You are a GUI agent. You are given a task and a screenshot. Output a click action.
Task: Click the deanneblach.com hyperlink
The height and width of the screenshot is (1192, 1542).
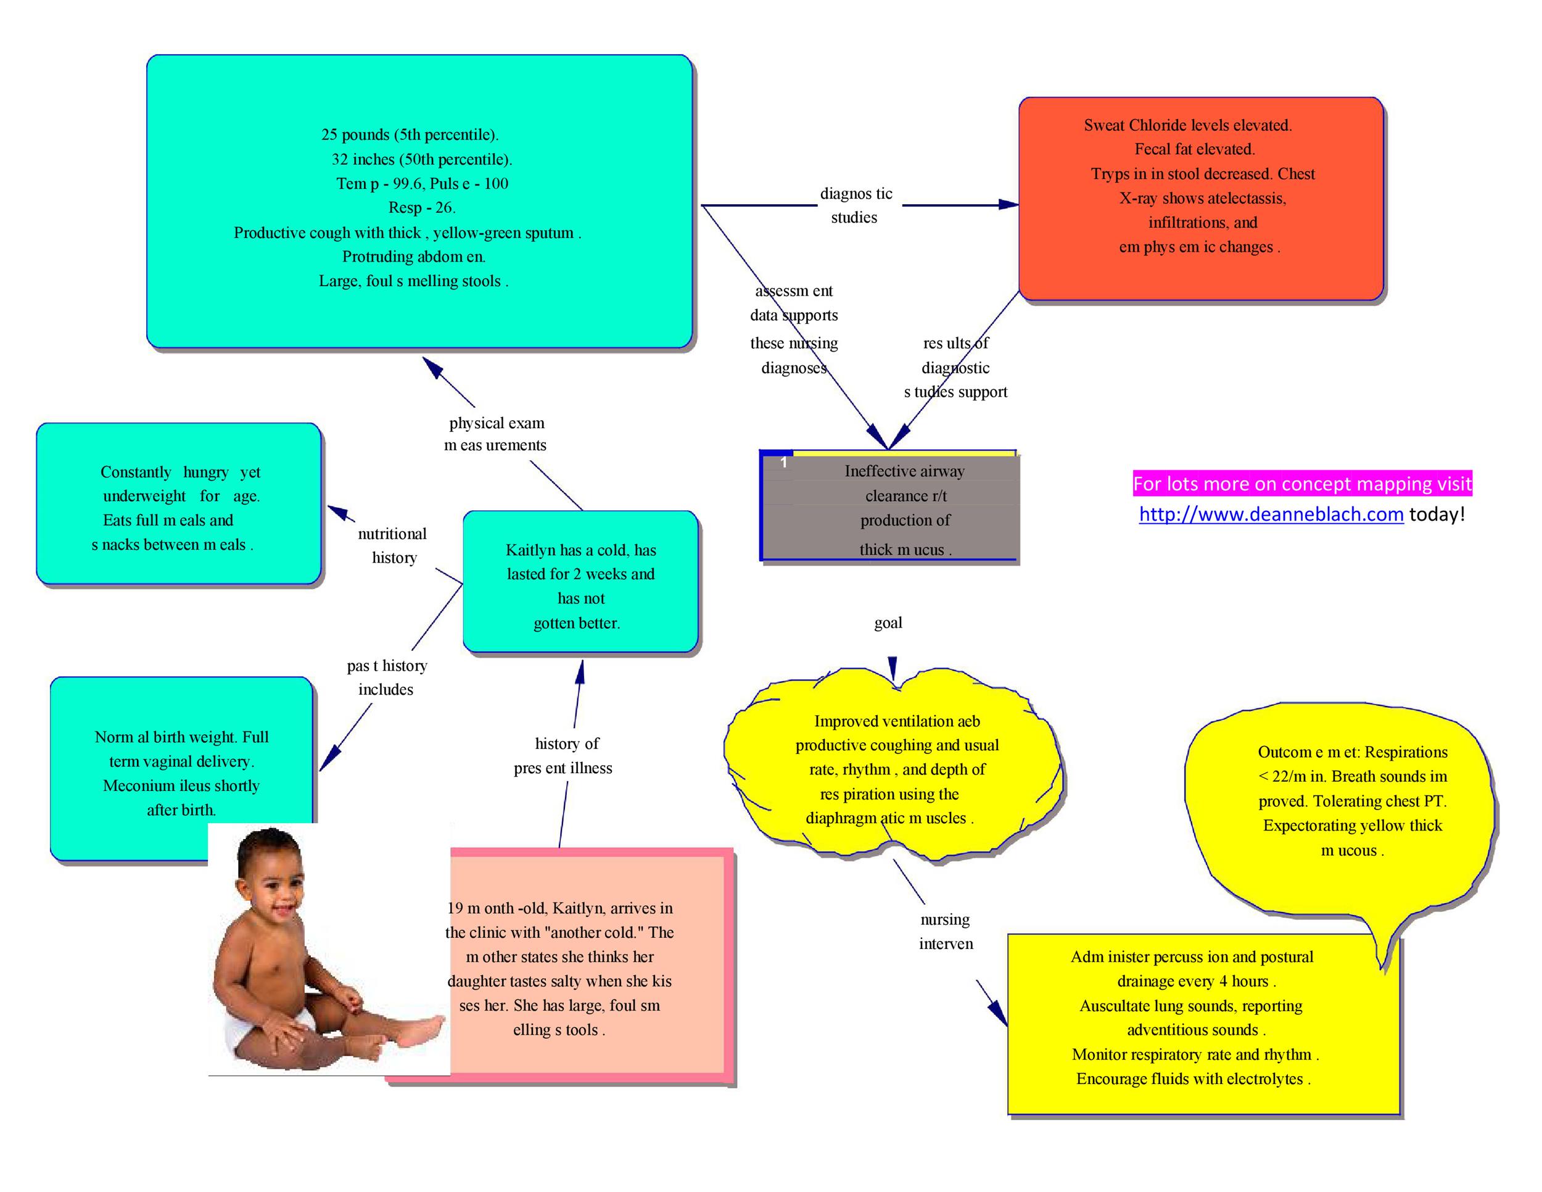pyautogui.click(x=1270, y=514)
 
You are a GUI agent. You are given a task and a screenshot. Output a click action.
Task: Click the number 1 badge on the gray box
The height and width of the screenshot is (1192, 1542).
pyautogui.click(x=783, y=463)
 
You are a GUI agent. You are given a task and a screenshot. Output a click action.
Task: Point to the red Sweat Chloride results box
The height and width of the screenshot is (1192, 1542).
pyautogui.click(x=1200, y=197)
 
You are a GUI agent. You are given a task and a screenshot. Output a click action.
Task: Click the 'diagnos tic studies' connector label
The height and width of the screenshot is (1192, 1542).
pyautogui.click(x=855, y=205)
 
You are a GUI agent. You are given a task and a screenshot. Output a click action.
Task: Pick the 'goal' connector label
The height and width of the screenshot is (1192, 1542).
pyautogui.click(x=888, y=623)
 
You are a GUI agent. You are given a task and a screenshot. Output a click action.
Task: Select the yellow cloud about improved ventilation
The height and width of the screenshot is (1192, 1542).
pyautogui.click(x=893, y=770)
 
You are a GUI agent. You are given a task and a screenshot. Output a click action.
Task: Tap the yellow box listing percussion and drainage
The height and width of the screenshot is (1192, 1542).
pyautogui.click(x=1200, y=1024)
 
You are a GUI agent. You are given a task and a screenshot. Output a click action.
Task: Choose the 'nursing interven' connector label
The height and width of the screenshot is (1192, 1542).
pyautogui.click(x=946, y=932)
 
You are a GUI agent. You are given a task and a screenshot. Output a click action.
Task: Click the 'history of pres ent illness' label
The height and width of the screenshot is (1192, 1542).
pyautogui.click(x=565, y=756)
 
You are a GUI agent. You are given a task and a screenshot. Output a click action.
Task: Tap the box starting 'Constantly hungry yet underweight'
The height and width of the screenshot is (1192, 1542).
pyautogui.click(x=179, y=504)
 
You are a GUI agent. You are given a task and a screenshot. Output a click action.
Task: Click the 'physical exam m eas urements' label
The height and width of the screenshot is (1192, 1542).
pyautogui.click(x=496, y=434)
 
